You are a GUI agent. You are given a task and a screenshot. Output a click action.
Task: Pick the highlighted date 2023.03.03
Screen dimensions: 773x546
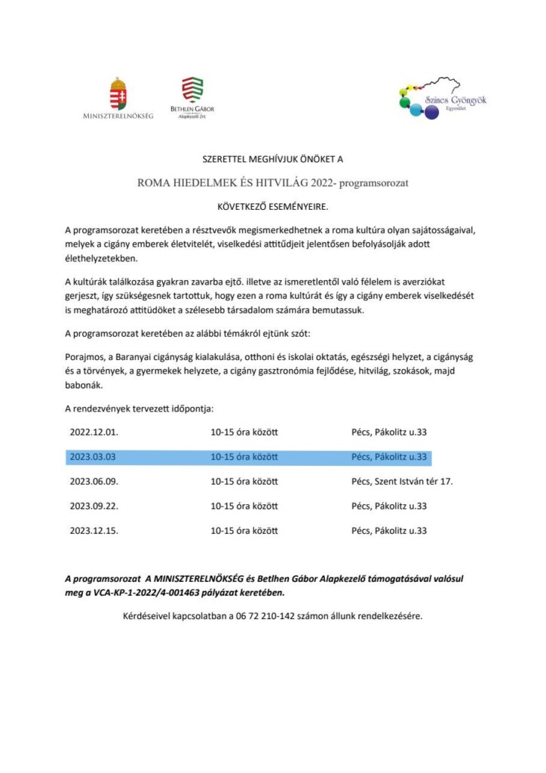pos(93,457)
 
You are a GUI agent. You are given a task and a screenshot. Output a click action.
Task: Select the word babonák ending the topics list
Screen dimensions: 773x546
pos(84,384)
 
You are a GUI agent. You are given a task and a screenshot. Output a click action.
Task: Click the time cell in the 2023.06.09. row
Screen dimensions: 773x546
pos(244,481)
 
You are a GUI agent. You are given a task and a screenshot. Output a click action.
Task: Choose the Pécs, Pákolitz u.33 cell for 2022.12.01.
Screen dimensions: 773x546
pos(389,433)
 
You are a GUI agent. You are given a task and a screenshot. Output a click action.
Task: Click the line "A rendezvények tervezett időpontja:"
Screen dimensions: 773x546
pos(140,409)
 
